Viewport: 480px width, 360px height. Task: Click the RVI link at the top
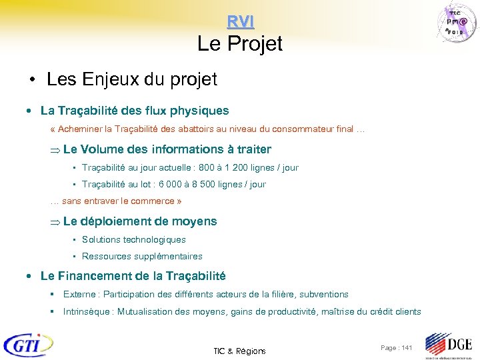point(240,21)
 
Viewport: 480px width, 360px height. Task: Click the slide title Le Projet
point(240,44)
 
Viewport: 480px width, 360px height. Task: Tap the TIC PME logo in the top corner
point(459,23)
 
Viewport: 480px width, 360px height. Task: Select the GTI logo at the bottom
point(28,345)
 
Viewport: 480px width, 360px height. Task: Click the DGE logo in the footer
point(449,345)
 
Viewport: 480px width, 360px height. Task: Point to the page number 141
point(406,348)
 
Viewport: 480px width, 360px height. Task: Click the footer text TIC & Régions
point(239,351)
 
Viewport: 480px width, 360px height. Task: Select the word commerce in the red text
point(152,201)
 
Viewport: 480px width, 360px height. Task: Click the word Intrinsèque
point(87,311)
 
